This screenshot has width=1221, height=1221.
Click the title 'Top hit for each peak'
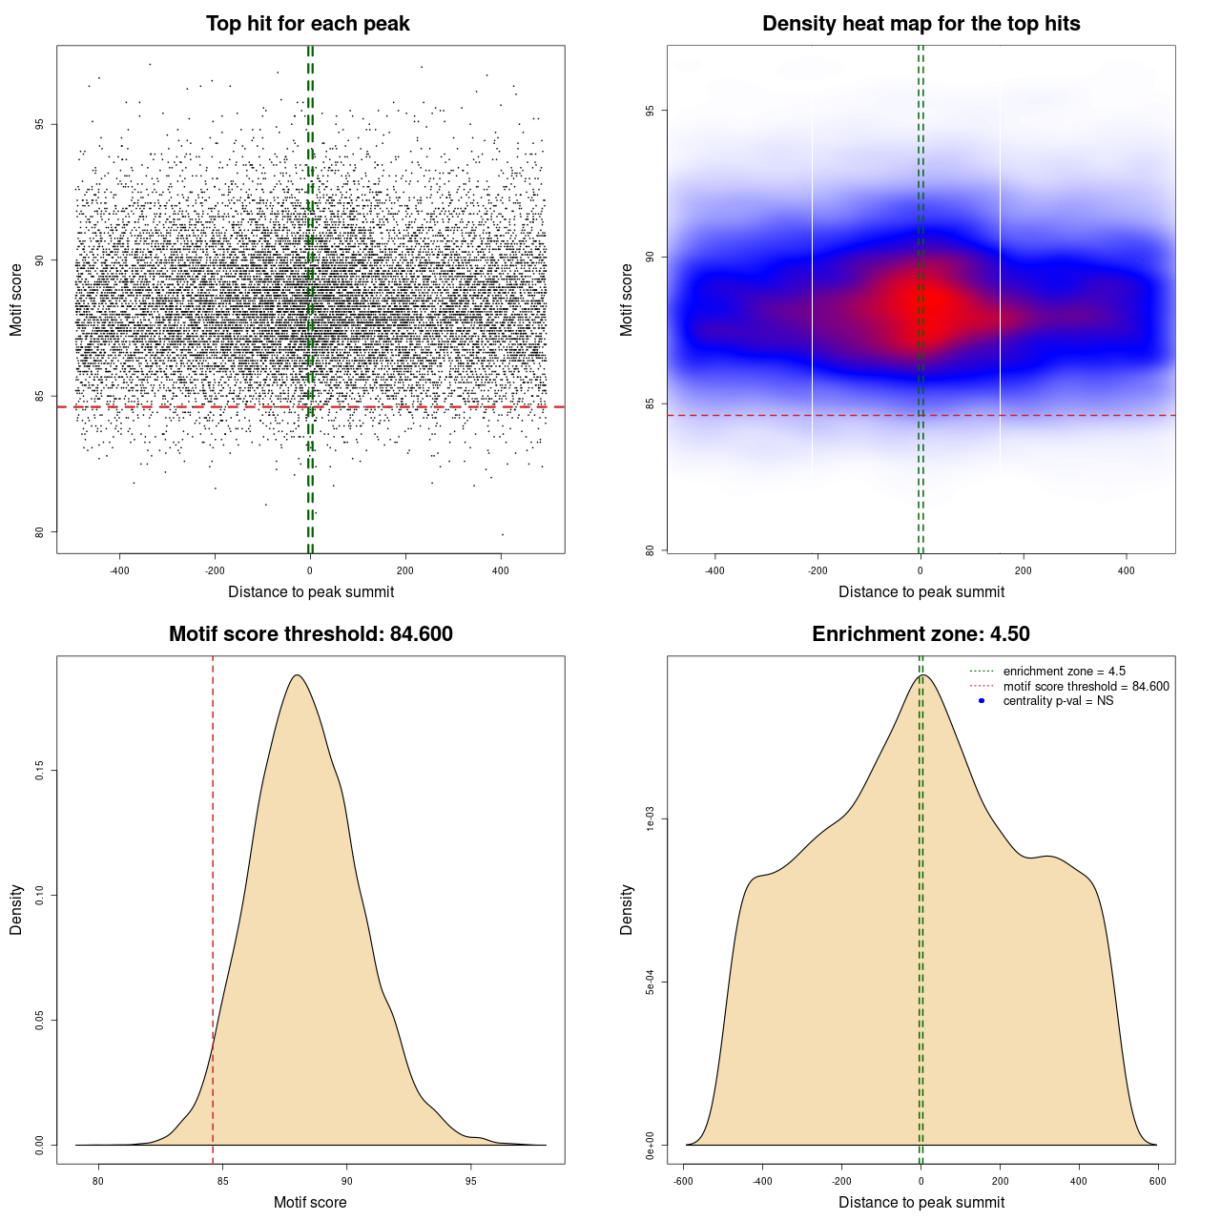pos(307,24)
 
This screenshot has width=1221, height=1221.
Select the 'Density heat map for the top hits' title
pos(921,24)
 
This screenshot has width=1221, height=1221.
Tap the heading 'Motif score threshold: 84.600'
pos(310,634)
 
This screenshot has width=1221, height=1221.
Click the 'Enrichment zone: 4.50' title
pos(921,634)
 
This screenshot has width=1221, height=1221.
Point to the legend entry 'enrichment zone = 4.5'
pos(1064,672)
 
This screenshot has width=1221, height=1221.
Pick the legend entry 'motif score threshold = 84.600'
pos(1086,687)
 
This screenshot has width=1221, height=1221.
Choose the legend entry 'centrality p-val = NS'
pos(1058,701)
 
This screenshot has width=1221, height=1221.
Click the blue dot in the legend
pos(982,701)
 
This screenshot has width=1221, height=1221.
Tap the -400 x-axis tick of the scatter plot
pos(119,571)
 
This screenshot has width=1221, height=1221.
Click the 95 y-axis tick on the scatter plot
pos(40,124)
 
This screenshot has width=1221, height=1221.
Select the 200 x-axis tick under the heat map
pos(1023,571)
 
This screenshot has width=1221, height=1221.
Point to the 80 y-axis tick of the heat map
pos(651,550)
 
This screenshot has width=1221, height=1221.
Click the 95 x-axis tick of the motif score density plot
pos(471,1181)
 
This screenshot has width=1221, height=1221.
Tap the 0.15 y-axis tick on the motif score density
pos(40,771)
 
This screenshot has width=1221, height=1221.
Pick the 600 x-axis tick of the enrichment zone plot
pos(1157,1181)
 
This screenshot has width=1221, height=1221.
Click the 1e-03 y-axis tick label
pos(651,819)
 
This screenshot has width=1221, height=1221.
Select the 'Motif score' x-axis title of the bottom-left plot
pos(310,1202)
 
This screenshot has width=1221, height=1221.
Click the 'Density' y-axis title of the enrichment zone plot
pos(627,909)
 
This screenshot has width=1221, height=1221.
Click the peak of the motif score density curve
pos(298,675)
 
